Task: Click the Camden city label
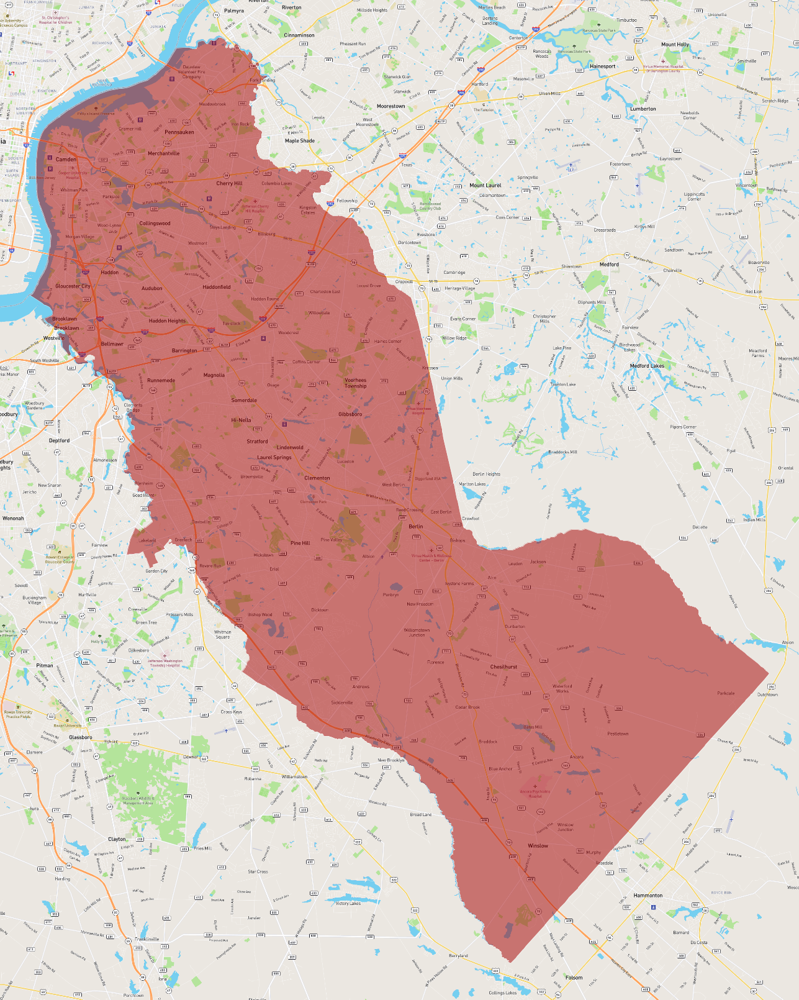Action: pos(66,160)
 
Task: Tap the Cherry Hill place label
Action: pos(229,183)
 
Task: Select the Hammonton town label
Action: pos(648,896)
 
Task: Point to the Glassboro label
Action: pos(81,737)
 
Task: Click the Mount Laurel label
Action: pos(485,185)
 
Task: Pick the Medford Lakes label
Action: pos(647,366)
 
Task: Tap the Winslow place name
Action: pos(538,846)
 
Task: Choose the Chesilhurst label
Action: pos(503,667)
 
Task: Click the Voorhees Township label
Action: pos(356,383)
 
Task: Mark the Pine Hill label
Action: pos(300,543)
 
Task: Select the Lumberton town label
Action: pos(643,109)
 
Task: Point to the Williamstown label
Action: pos(294,776)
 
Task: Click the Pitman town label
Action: pos(45,665)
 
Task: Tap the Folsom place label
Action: pos(574,978)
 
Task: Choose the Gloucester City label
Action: pos(73,286)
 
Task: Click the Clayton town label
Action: pos(117,839)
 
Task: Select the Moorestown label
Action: pos(390,106)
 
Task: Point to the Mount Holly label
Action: pos(675,45)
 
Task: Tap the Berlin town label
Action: pos(415,526)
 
